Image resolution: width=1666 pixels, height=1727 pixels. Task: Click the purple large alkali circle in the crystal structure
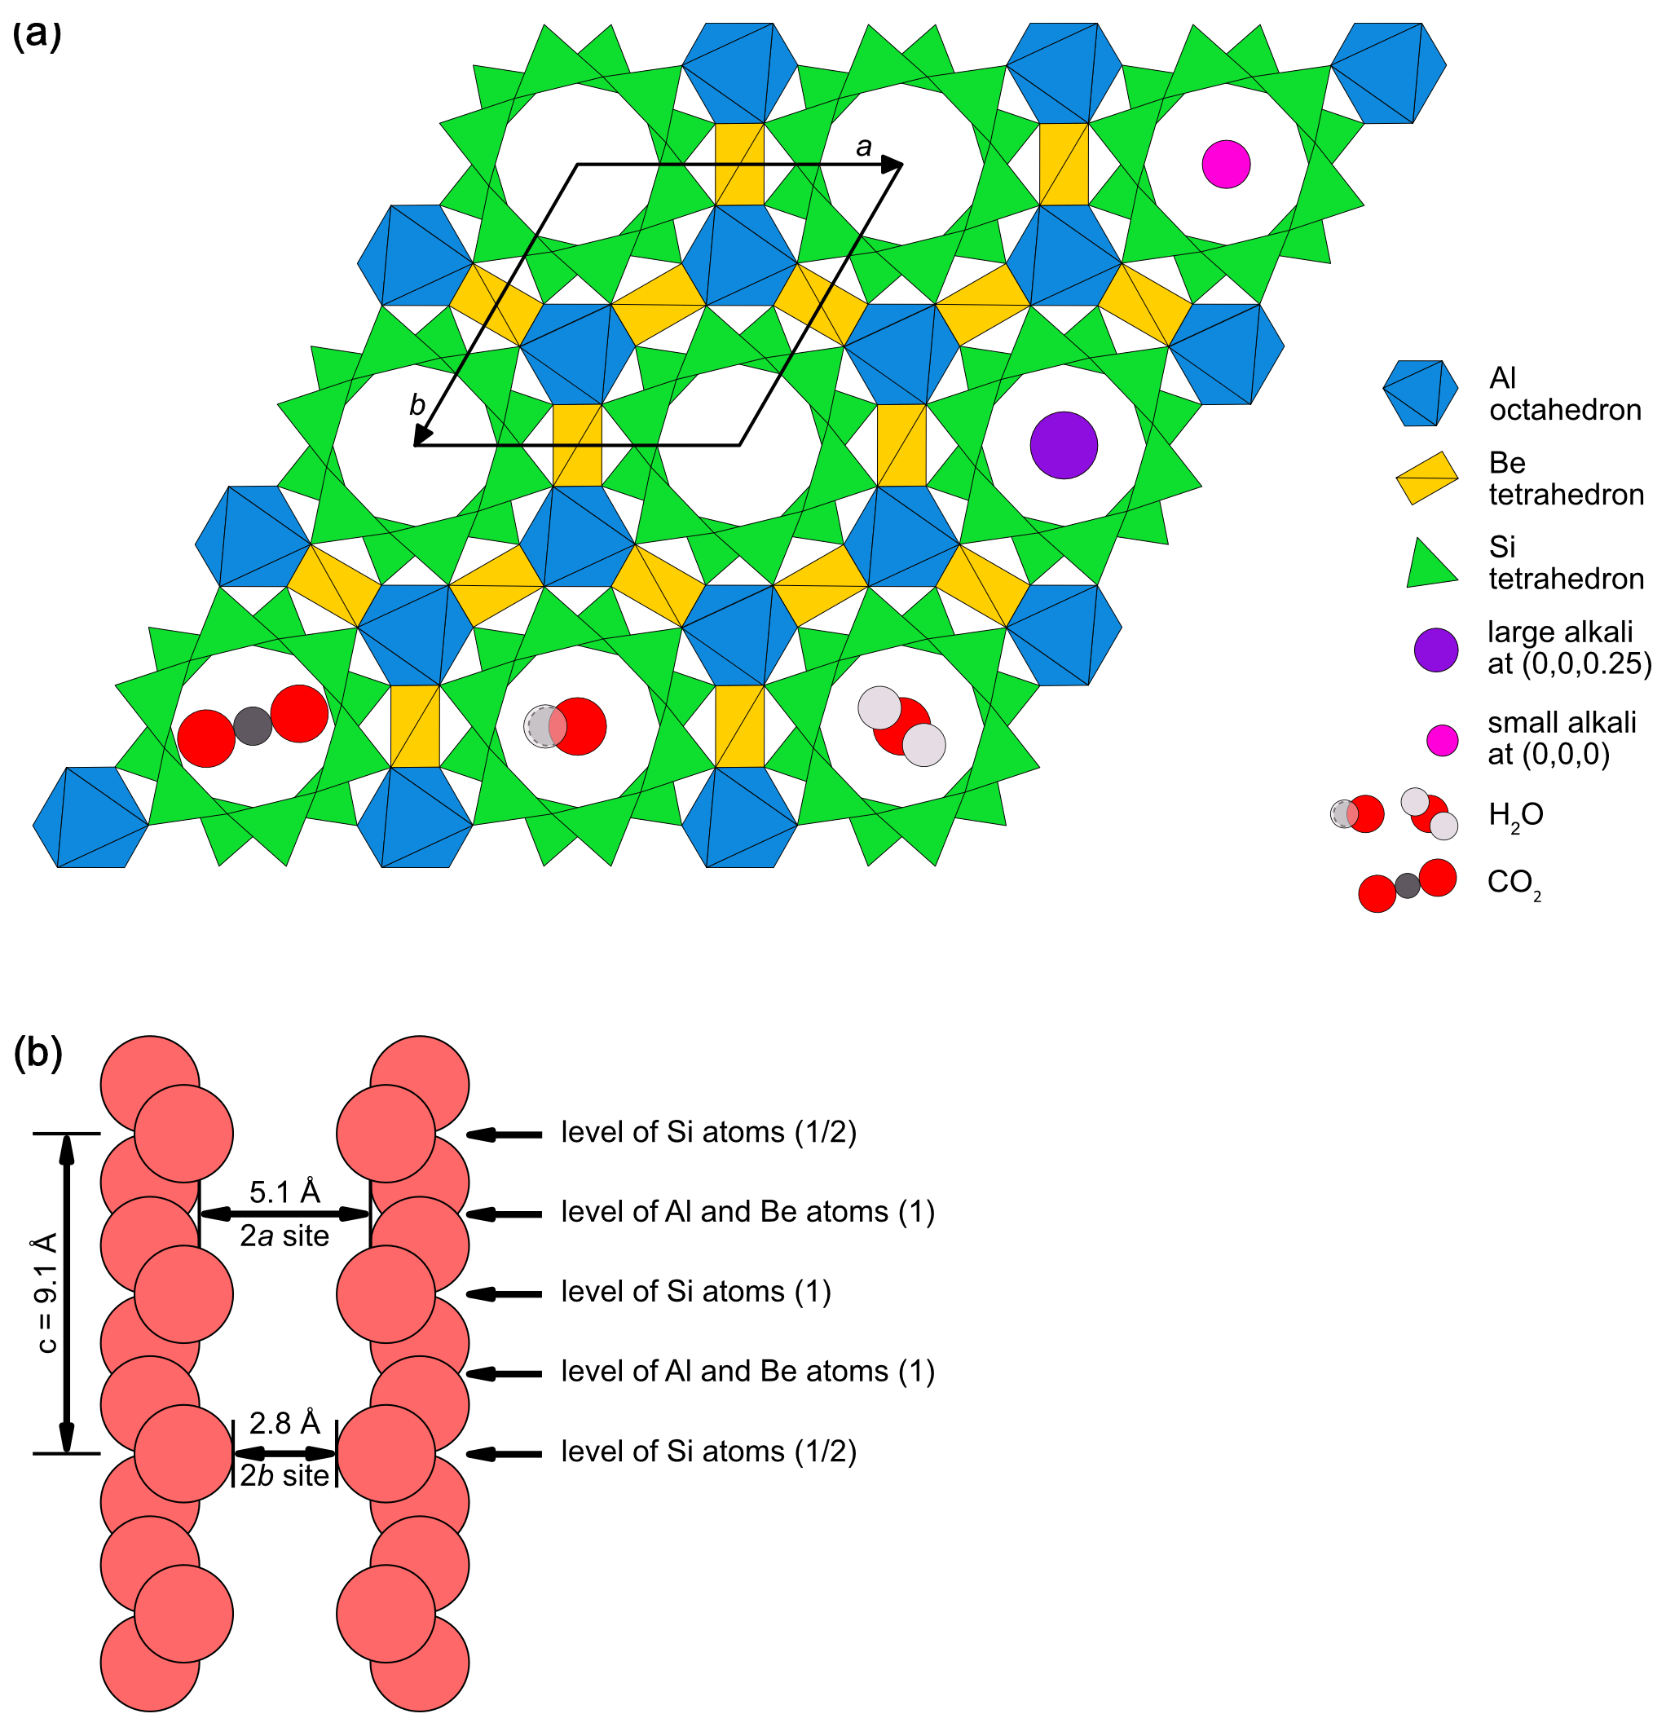pos(1064,445)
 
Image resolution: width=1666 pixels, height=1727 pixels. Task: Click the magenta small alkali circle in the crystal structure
pos(1226,164)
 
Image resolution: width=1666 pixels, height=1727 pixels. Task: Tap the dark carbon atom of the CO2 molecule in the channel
pos(253,726)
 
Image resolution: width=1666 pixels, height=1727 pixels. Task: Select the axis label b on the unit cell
pos(416,405)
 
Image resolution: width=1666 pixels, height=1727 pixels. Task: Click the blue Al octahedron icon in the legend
pos(1419,393)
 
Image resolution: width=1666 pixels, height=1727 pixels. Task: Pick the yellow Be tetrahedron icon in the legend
pos(1427,478)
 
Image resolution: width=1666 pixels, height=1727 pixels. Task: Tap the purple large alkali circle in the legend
pos(1435,650)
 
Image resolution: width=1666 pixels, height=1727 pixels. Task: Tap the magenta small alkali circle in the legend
pos(1442,740)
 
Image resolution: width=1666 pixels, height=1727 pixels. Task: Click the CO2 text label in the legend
pos(1514,883)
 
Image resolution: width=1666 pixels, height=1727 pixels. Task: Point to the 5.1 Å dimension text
pos(284,1192)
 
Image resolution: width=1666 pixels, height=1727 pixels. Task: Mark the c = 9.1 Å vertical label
pos(46,1293)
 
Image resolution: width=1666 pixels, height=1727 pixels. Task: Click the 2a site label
pos(284,1236)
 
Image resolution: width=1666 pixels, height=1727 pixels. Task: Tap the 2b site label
pos(284,1476)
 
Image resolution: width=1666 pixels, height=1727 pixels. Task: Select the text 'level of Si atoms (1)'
pos(696,1292)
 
